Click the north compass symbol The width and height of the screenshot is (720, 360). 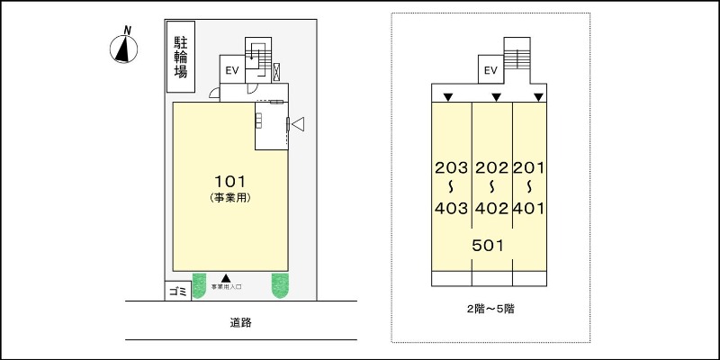pos(122,50)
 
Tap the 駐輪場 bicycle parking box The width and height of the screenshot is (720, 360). pos(181,55)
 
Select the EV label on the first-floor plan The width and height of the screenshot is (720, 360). pos(231,70)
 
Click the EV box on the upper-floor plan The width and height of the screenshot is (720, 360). pos(491,70)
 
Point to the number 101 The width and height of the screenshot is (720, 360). pos(229,179)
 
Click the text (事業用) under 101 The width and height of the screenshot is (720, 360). pos(229,196)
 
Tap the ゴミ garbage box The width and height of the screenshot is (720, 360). pos(177,292)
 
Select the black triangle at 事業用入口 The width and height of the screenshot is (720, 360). pos(227,278)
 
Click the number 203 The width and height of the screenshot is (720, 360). pos(451,167)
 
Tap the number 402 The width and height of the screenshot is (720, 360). pos(491,209)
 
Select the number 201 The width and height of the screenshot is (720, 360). pos(530,167)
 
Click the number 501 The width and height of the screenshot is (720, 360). pos(486,244)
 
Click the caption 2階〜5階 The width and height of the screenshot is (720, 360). pos(490,308)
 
